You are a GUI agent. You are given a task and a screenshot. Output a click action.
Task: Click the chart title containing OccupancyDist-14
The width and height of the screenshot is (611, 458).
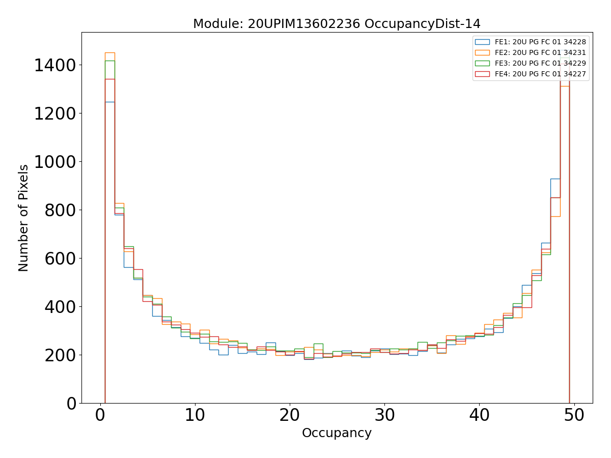337,24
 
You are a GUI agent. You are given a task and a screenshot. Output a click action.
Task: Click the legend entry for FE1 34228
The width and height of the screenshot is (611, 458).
540,42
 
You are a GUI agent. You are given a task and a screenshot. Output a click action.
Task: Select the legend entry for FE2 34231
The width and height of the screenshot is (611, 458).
540,52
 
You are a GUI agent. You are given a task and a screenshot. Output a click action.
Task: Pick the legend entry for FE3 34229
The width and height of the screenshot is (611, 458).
540,63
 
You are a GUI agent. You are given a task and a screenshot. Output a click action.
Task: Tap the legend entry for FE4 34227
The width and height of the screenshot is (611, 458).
540,74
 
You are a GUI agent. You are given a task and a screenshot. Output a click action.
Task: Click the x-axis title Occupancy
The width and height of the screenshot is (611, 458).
337,433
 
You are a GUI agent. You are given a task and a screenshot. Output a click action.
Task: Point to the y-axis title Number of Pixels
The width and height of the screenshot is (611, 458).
24,218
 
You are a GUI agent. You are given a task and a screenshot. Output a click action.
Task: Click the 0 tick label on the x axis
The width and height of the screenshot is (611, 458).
100,416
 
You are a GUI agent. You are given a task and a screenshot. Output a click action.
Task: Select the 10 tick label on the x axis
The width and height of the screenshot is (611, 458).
195,416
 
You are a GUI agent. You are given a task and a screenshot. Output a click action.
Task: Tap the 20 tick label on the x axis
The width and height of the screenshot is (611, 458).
290,416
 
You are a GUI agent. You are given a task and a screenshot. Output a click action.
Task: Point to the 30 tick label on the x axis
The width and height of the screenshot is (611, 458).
384,416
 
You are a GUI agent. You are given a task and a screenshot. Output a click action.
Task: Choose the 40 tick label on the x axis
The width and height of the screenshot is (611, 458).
479,416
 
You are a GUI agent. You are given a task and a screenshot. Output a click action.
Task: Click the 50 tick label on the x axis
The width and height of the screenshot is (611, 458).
574,416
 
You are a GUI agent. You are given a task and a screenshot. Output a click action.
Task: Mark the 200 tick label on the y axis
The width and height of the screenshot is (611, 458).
60,355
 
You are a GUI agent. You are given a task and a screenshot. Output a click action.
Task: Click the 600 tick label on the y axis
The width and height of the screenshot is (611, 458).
60,259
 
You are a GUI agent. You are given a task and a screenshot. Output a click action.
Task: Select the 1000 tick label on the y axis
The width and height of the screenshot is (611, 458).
55,162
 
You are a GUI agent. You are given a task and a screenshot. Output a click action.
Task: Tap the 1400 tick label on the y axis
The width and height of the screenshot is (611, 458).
55,65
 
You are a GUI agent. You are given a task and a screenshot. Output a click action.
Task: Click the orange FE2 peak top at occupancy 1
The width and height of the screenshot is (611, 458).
109,52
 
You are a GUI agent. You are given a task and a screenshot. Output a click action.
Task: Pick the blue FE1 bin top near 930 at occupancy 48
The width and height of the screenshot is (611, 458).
555,179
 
